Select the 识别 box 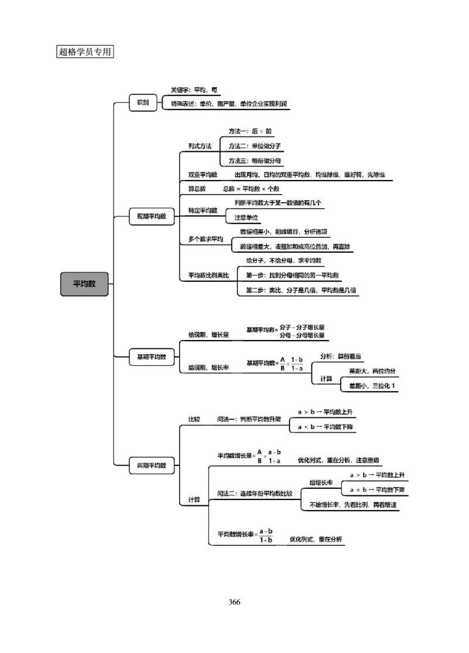point(143,103)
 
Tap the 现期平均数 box point(151,216)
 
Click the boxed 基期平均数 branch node point(151,356)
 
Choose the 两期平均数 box point(151,465)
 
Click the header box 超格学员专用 point(85,52)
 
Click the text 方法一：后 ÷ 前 point(250,131)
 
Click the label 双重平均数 point(202,175)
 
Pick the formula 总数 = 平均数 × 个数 point(251,189)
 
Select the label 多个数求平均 point(205,239)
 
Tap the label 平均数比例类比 point(208,275)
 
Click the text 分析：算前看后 point(341,356)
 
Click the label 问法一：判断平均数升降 point(249,419)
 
